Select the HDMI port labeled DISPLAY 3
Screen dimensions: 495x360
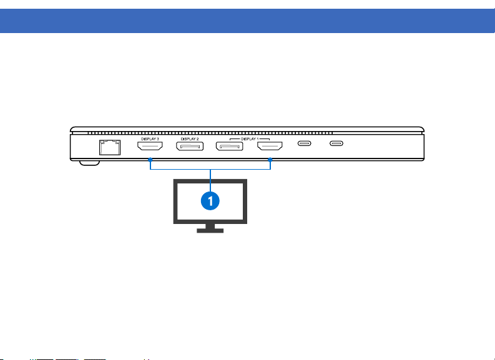[x=150, y=148]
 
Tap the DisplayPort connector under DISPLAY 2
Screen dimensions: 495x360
[x=189, y=148]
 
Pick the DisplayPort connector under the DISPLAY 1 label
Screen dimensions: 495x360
[x=229, y=148]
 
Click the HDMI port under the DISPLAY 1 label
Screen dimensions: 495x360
[x=270, y=148]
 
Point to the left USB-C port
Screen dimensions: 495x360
[x=304, y=145]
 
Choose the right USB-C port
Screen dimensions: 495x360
[x=336, y=145]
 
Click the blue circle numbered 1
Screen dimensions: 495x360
[x=212, y=201]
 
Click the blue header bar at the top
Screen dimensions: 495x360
[x=247, y=21]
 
